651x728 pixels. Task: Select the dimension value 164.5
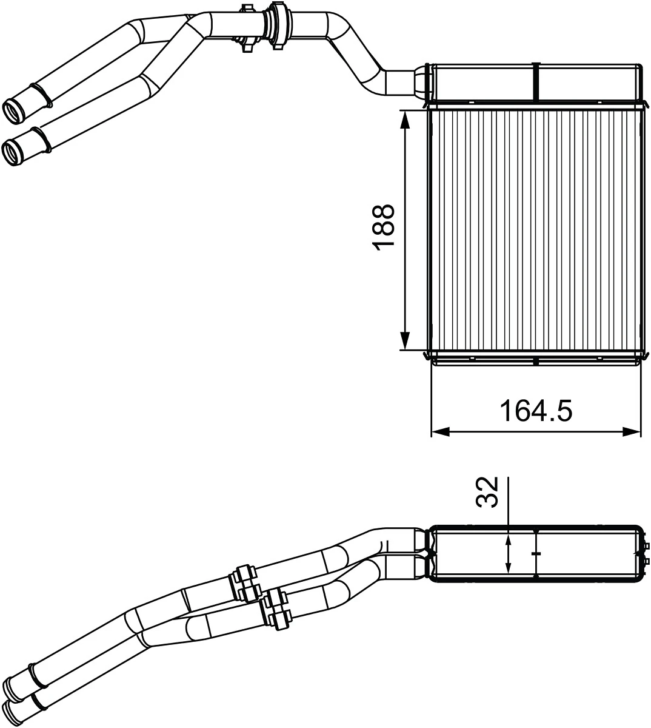point(535,411)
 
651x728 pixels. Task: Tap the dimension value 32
point(487,491)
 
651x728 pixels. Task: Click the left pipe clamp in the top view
point(247,27)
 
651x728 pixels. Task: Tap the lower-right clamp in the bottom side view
point(277,608)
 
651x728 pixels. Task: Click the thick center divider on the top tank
point(536,81)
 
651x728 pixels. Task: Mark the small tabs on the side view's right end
point(644,553)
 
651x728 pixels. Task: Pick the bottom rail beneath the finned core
point(535,360)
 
